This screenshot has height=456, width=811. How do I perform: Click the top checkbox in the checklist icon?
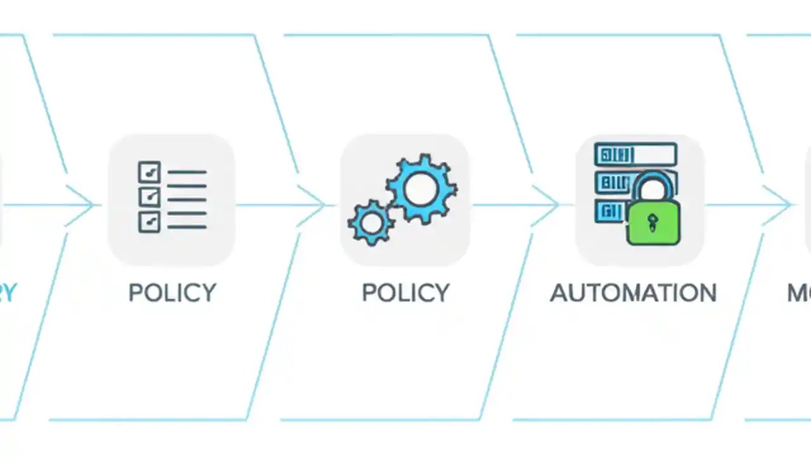[149, 172]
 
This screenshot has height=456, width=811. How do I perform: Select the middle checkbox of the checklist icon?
[149, 196]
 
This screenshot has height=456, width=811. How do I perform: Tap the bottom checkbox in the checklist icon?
[149, 221]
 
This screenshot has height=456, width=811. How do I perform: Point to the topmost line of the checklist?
[187, 172]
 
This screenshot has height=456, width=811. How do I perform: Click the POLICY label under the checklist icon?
[172, 293]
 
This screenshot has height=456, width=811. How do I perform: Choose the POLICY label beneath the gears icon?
[405, 293]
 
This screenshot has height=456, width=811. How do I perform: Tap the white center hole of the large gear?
[421, 189]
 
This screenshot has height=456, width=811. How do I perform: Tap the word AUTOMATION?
[633, 293]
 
